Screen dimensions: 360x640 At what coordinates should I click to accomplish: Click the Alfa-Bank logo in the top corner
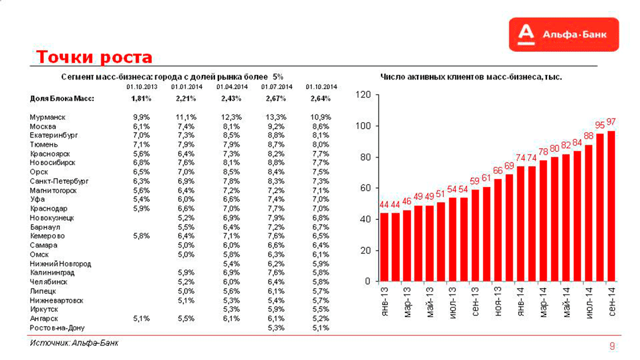pos(565,34)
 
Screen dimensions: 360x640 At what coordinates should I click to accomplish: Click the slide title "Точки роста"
pos(94,57)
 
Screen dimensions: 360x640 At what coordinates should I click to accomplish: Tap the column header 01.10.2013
pos(141,86)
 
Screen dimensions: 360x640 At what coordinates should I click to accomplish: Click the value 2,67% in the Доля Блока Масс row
pos(275,98)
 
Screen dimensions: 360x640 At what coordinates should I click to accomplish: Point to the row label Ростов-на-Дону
pos(58,328)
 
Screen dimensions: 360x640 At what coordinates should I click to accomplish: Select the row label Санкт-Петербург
pos(58,182)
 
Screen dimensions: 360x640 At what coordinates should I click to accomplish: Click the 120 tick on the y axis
pos(362,95)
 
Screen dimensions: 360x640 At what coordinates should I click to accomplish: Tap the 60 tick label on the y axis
pos(364,188)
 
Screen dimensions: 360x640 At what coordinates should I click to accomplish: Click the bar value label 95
pos(600,126)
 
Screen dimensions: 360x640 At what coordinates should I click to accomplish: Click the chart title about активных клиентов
pos(470,78)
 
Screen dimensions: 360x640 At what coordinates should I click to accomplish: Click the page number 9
pos(612,346)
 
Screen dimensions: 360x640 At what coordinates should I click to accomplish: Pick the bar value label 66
pos(498,170)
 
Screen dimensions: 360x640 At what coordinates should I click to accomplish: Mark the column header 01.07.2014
pos(275,86)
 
